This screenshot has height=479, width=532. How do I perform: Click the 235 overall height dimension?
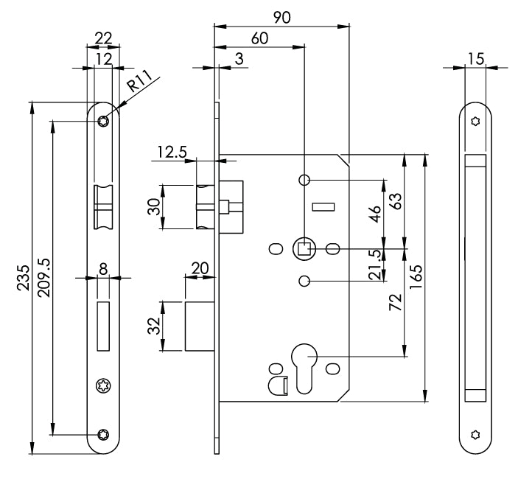24,276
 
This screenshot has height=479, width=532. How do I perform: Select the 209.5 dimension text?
43,276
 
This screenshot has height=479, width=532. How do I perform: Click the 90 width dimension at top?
281,17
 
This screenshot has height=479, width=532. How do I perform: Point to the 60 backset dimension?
259,38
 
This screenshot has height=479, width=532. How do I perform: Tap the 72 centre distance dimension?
396,301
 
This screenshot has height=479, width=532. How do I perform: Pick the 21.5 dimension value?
377,265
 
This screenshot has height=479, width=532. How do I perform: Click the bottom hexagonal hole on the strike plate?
475,435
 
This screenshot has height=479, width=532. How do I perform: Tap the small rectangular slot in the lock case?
323,208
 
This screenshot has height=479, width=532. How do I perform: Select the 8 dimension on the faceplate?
103,270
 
